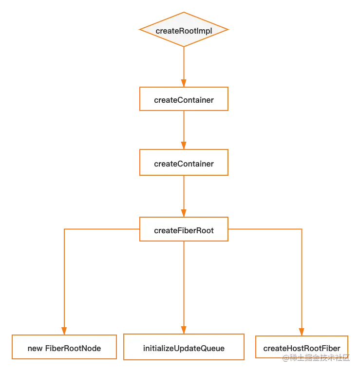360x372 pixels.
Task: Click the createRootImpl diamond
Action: pos(184,30)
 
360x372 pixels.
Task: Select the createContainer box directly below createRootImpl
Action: pos(184,100)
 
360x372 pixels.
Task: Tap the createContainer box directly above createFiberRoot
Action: pos(184,163)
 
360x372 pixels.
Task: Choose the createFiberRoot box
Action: pos(184,230)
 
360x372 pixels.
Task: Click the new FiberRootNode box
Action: pos(64,348)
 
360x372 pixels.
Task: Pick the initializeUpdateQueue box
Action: pos(184,348)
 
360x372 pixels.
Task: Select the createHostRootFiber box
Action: pos(301,348)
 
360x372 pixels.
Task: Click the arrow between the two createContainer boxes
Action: pos(184,129)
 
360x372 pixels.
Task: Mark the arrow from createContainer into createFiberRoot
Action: pos(184,195)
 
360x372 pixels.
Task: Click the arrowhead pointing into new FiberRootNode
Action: pos(64,330)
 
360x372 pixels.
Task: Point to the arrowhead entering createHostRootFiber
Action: pos(302,331)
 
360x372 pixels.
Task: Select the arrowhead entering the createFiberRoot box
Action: pos(184,213)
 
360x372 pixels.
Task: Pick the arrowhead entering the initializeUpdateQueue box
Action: pos(184,330)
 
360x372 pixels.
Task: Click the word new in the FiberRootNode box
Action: pos(35,348)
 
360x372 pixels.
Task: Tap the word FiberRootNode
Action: pos(73,348)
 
